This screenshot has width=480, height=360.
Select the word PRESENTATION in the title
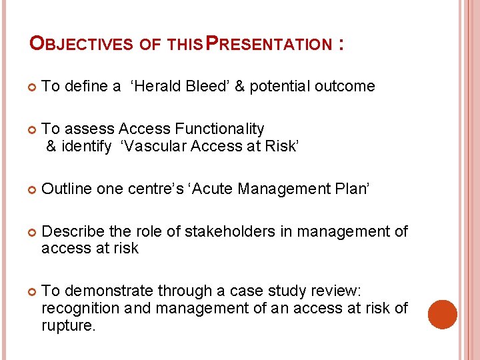267,45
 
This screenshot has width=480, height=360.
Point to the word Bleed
206,86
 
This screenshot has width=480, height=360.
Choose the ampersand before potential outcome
238,86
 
